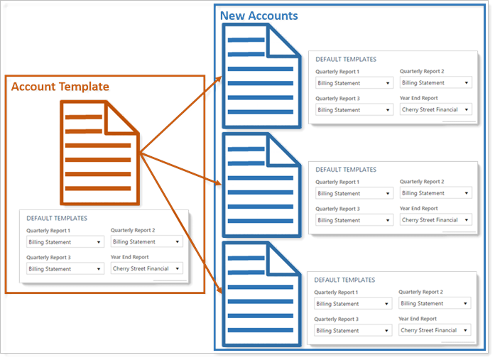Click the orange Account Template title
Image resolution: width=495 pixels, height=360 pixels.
[60, 87]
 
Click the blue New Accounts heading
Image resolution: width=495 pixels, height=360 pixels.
[259, 16]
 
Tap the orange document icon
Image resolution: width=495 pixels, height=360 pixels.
[99, 153]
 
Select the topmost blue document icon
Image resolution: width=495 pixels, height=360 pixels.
[262, 76]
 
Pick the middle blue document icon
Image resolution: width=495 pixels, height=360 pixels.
[262, 185]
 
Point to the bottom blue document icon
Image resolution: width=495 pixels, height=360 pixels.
[262, 294]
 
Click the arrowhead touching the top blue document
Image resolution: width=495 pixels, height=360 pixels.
[219, 80]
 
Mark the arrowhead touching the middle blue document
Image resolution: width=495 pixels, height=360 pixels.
[218, 182]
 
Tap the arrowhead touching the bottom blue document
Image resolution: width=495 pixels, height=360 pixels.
[219, 289]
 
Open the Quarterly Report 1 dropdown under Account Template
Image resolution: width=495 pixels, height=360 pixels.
[65, 242]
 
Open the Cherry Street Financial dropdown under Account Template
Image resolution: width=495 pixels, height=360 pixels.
[146, 268]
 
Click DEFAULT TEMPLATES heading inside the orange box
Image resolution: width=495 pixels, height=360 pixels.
[57, 218]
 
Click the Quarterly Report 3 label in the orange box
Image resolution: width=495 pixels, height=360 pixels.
[48, 258]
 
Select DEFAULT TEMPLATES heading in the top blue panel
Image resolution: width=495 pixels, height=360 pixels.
[346, 60]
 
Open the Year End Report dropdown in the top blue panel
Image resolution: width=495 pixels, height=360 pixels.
[435, 109]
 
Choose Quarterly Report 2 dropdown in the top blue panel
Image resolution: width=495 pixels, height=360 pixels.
[435, 82]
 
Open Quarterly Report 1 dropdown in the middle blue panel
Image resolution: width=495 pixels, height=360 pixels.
[354, 193]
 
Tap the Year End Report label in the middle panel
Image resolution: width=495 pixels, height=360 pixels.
[418, 209]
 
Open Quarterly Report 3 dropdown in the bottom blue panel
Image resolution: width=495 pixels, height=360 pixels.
[353, 330]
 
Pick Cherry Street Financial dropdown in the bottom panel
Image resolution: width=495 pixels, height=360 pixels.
[435, 330]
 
